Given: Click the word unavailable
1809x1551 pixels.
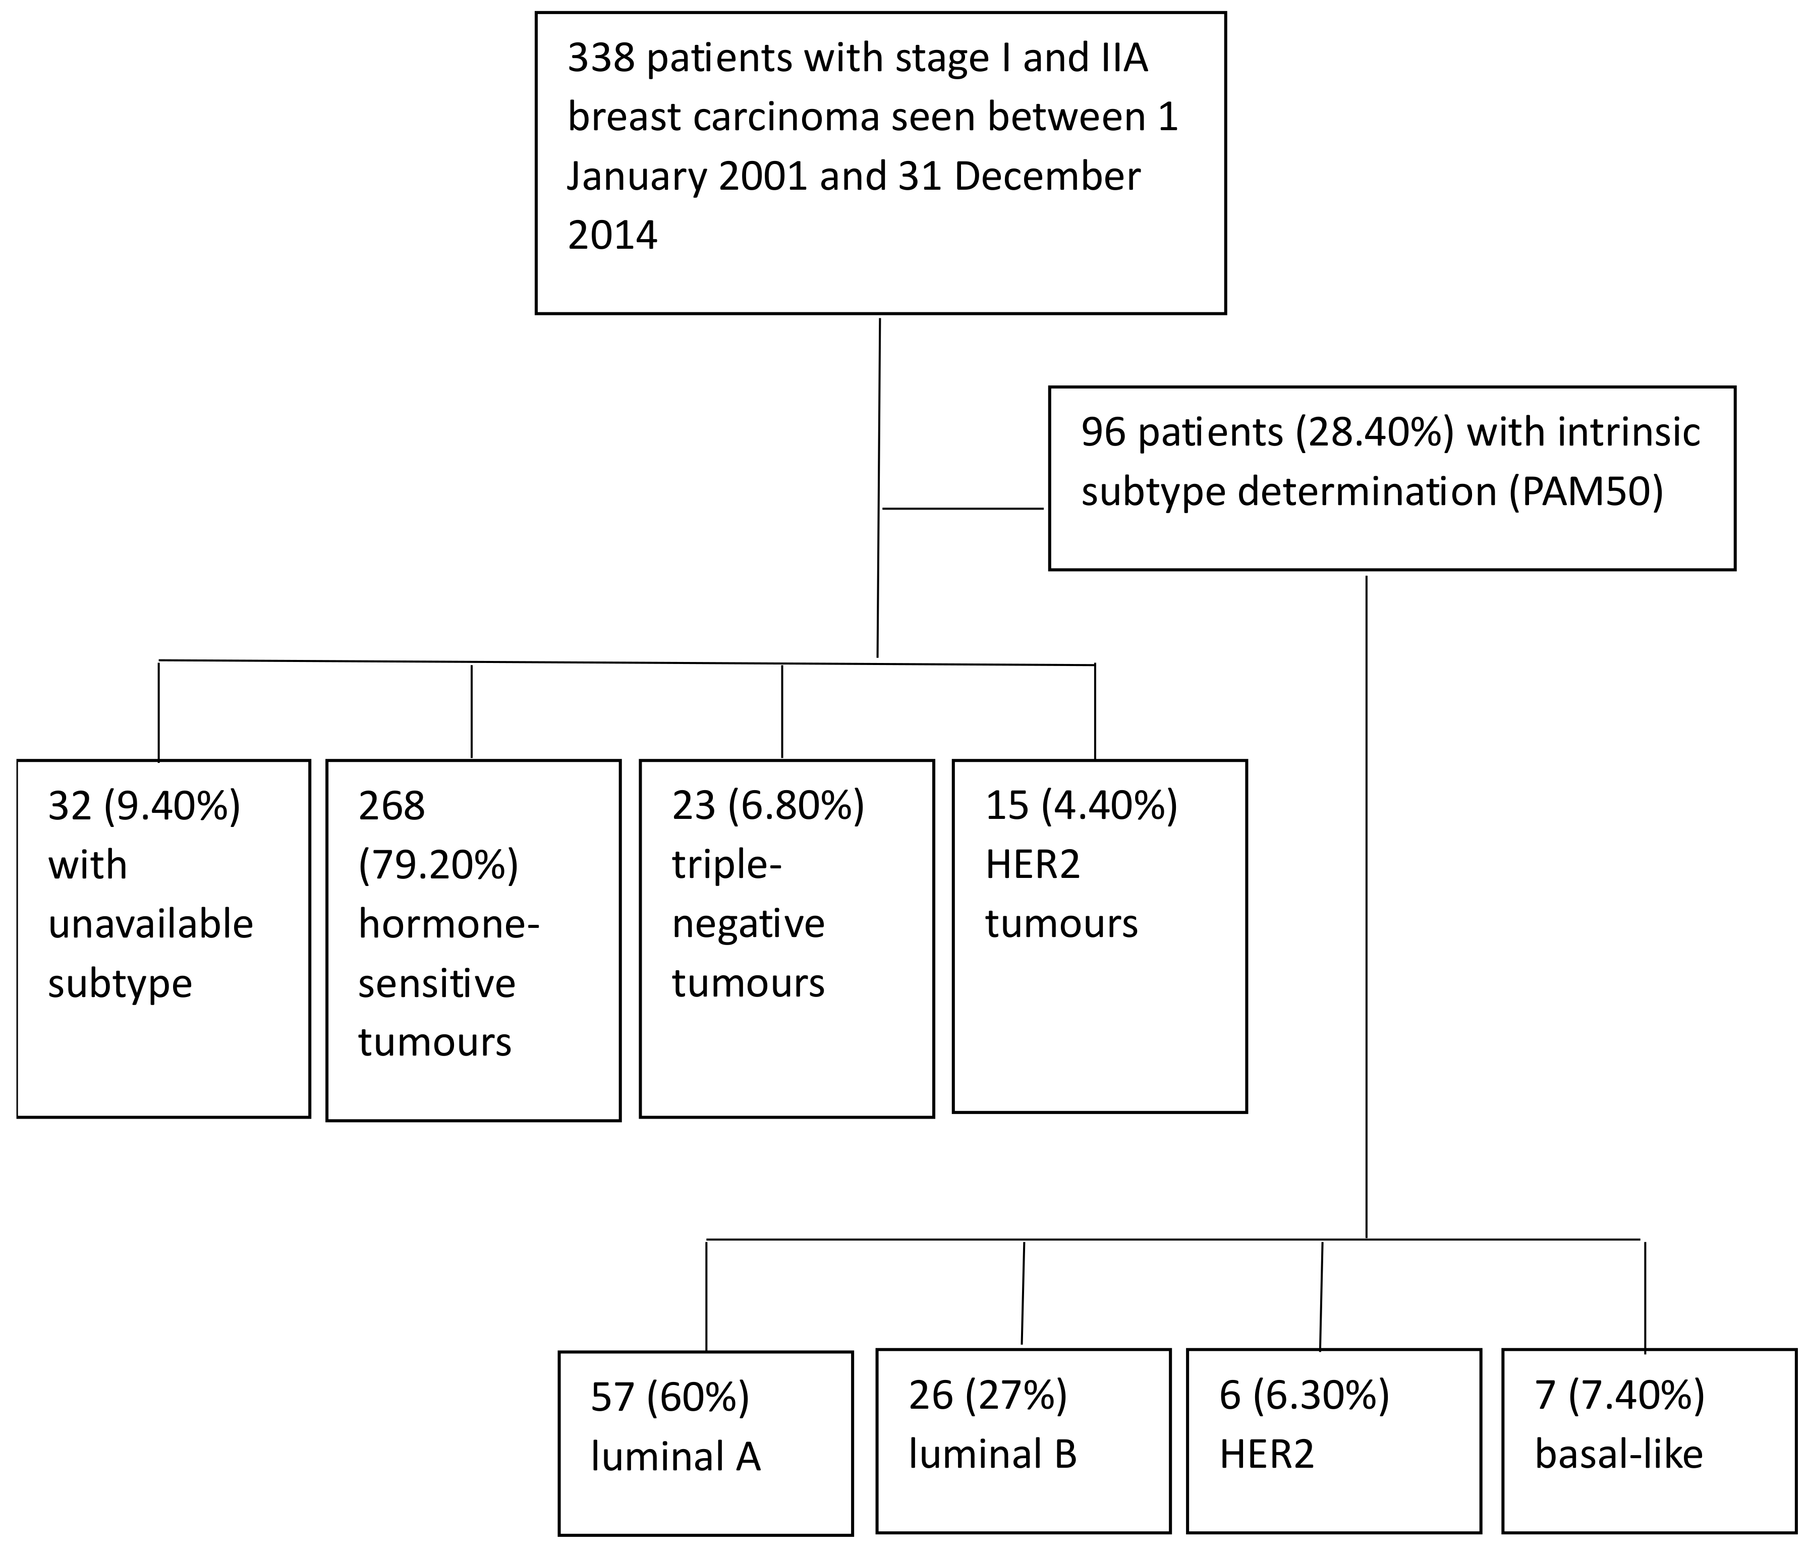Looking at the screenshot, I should (150, 924).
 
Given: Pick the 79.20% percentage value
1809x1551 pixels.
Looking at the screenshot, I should (438, 865).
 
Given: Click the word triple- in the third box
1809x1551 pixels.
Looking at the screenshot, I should (726, 865).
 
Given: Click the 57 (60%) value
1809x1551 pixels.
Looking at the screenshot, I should (669, 1397).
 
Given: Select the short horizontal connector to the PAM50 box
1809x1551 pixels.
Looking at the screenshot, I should (963, 508).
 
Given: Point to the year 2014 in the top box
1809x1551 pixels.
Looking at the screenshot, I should (612, 236).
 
